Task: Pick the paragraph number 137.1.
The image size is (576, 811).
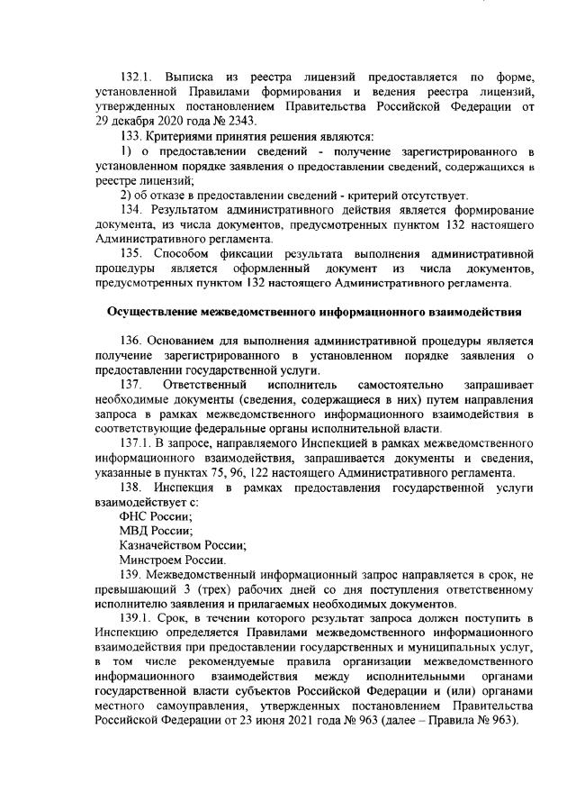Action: [x=137, y=442]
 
